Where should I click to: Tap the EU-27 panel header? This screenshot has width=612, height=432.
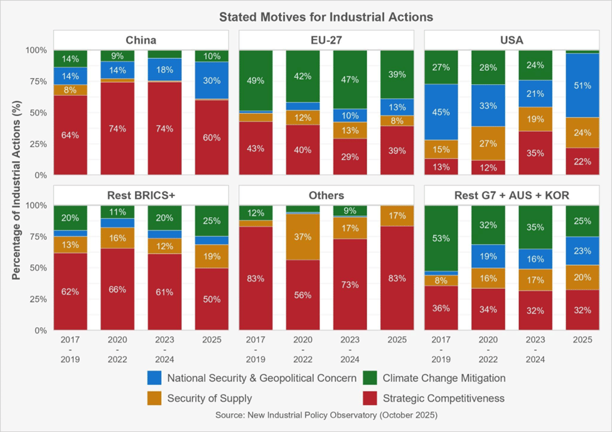[x=326, y=41]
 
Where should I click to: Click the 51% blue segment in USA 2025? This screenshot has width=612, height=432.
[x=582, y=85]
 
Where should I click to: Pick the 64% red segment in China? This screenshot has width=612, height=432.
[x=70, y=135]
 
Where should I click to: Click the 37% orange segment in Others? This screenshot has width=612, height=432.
[x=303, y=237]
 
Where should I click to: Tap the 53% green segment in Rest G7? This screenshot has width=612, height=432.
[x=442, y=239]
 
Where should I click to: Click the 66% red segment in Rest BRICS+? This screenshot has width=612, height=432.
[x=117, y=289]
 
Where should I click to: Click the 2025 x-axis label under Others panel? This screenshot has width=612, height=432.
[x=397, y=340]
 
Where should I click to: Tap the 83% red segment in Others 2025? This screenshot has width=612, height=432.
[x=397, y=278]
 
